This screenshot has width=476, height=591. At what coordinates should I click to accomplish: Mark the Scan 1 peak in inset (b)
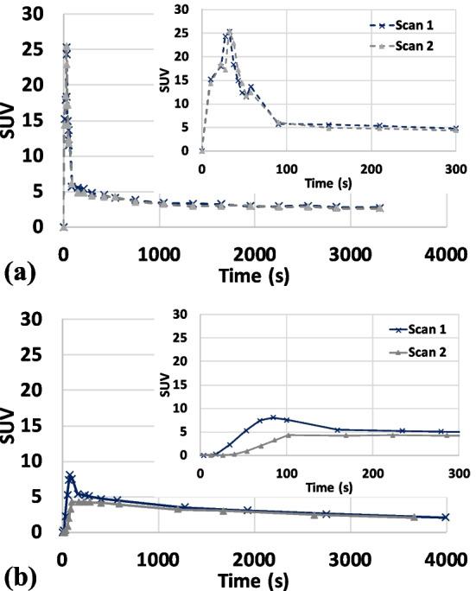coord(273,417)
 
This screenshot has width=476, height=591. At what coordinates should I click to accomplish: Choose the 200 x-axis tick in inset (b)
coord(372,472)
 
